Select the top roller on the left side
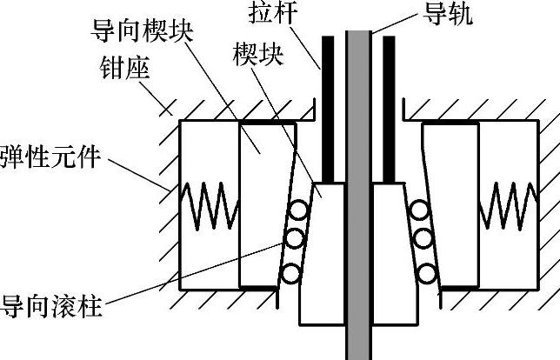point(300,210)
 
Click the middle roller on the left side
point(296,237)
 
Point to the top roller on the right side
point(420,210)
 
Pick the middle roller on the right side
point(424,237)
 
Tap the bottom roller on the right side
point(427,271)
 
